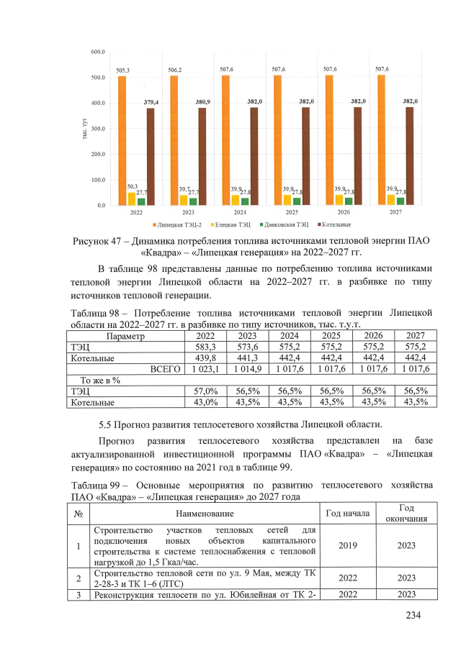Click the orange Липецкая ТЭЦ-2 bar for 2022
[122, 140]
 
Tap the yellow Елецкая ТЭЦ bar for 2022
[132, 199]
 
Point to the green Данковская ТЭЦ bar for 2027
[400, 201]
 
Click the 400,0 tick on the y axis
[98, 103]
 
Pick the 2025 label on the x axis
[292, 213]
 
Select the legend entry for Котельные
[334, 225]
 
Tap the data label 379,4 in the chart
[151, 103]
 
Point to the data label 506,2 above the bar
[174, 70]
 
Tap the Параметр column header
[125, 336]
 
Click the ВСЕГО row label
[164, 368]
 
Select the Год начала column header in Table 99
[348, 513]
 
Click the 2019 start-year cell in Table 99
[348, 545]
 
